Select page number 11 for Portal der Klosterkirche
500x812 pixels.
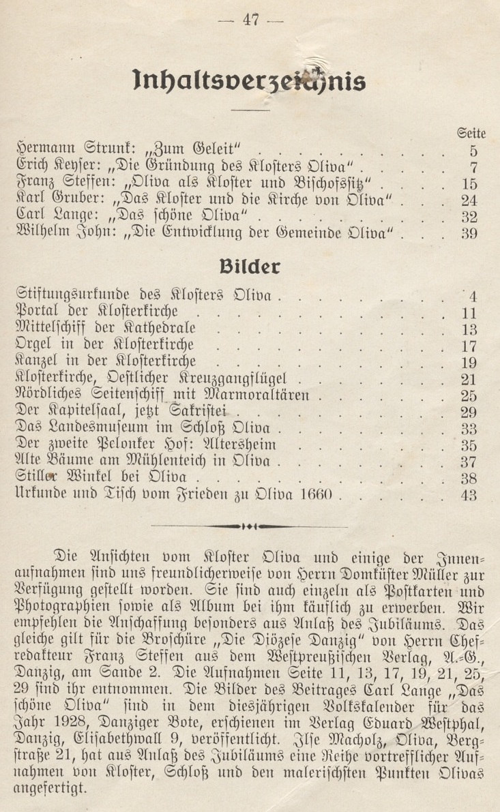(469, 314)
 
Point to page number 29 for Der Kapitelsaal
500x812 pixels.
(469, 412)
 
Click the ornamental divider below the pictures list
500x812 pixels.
(250, 526)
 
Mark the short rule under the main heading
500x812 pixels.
(250, 108)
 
